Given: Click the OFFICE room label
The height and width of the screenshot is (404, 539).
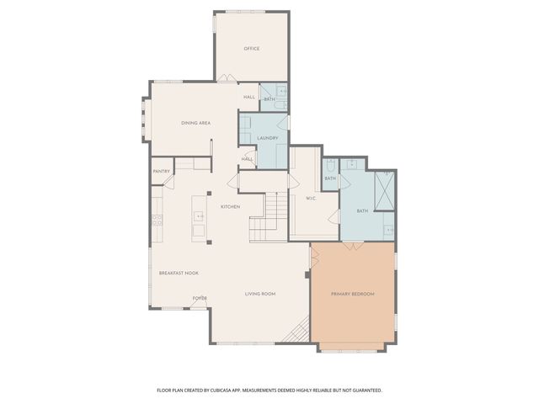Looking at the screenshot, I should click(x=251, y=49).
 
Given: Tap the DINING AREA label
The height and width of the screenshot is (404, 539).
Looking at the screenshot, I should click(x=195, y=123).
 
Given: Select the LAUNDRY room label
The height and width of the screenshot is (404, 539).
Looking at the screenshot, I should click(x=267, y=138).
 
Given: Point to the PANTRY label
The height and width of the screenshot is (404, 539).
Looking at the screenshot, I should click(x=162, y=172).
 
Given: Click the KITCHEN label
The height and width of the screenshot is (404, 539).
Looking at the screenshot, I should click(x=230, y=207).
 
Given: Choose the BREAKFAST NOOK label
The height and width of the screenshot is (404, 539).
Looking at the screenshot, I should click(x=179, y=273).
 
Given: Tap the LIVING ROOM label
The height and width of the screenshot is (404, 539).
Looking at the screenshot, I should click(x=260, y=294).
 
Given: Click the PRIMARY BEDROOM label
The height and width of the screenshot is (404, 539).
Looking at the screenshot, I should click(x=352, y=294).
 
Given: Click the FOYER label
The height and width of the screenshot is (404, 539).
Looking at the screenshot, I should click(x=200, y=298).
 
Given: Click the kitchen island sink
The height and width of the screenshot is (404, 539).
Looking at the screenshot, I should click(x=200, y=216).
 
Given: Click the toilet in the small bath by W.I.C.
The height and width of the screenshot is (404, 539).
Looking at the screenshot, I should click(x=329, y=167).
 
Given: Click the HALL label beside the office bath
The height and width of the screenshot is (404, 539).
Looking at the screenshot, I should click(x=249, y=97).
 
